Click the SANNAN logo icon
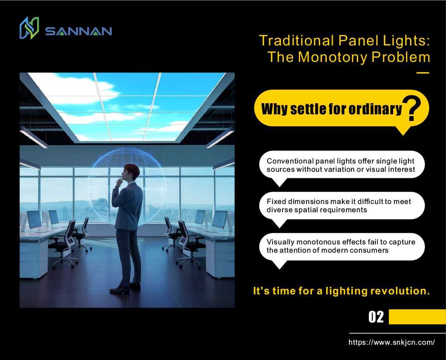[29, 28]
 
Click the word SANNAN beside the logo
[78, 31]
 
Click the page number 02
[376, 317]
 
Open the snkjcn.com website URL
[391, 342]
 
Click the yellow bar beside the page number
[417, 317]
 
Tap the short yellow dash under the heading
[423, 73]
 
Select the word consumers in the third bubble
[371, 250]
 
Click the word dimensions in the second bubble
[308, 201]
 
